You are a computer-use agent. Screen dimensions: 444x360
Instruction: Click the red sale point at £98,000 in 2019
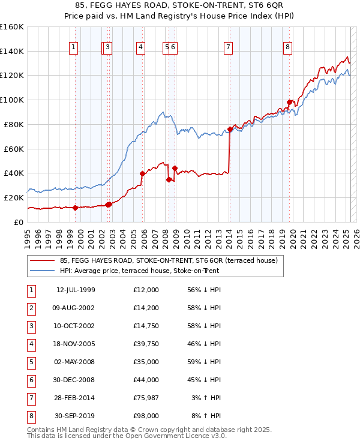pyautogui.click(x=289, y=102)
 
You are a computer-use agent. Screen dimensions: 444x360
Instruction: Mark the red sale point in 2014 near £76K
pyautogui.click(x=230, y=129)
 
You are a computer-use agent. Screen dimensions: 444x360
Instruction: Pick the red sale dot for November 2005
pyautogui.click(x=143, y=173)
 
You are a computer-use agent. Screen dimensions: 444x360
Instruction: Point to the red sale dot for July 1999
pyautogui.click(x=75, y=208)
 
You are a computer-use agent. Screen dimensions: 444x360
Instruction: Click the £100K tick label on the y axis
pyautogui.click(x=12, y=100)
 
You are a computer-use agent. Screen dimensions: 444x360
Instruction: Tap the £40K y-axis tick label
pyautogui.click(x=14, y=173)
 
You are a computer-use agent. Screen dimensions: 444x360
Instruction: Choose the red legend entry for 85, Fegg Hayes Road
pyautogui.click(x=169, y=261)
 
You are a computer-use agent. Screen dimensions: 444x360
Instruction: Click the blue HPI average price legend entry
pyautogui.click(x=140, y=271)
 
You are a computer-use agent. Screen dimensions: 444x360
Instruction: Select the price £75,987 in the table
pyautogui.click(x=146, y=398)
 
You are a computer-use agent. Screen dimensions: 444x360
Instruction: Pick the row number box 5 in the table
pyautogui.click(x=31, y=362)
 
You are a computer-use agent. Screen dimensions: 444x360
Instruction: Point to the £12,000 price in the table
pyautogui.click(x=146, y=290)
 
